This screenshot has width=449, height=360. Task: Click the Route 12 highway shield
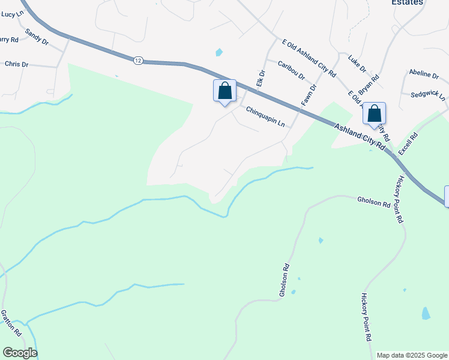(139, 60)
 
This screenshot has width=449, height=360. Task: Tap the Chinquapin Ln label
(265, 116)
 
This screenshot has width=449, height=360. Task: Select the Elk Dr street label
(261, 79)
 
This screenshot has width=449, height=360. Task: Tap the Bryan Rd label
(369, 86)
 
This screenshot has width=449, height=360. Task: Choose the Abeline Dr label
(424, 74)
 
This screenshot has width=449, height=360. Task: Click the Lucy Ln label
(12, 13)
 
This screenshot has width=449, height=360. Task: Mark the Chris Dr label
(16, 64)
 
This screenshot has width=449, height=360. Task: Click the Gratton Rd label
(11, 322)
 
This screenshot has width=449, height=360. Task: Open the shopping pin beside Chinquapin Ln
(224, 91)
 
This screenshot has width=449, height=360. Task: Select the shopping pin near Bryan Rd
(374, 113)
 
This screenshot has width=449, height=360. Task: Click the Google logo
(20, 353)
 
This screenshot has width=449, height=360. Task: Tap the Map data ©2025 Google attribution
(412, 355)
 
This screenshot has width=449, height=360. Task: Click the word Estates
(408, 2)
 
